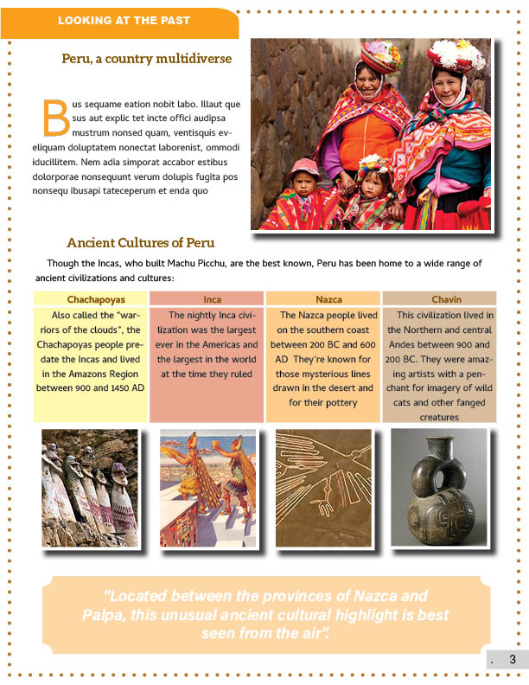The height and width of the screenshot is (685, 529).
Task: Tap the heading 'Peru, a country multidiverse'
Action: (146, 59)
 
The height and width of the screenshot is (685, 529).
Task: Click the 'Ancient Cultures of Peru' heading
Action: (140, 242)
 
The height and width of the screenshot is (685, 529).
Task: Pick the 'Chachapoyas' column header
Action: (90, 299)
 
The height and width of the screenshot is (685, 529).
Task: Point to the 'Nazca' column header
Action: (328, 299)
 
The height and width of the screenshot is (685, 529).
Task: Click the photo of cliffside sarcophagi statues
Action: (89, 488)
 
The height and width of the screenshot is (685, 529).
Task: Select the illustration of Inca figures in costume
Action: (207, 488)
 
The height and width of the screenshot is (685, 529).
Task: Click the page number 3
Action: (512, 660)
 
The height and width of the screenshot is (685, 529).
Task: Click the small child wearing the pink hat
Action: (304, 192)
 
